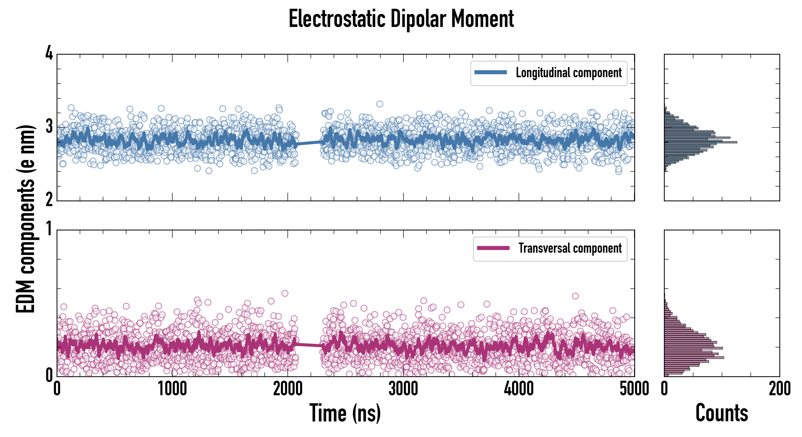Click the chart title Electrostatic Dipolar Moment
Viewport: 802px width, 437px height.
[401, 19]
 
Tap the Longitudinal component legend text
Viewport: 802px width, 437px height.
[568, 73]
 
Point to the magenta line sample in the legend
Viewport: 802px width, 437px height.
[493, 248]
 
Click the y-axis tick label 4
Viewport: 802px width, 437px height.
[49, 53]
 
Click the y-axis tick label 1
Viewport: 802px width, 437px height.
[49, 229]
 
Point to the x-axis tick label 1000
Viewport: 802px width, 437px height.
[172, 389]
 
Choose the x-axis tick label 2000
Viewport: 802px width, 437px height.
[288, 389]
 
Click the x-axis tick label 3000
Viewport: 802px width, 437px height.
[403, 389]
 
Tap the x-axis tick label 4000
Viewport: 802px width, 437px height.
[519, 389]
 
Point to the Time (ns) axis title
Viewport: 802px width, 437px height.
[345, 413]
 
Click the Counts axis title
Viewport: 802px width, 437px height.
[722, 413]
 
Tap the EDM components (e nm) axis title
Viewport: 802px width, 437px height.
[26, 219]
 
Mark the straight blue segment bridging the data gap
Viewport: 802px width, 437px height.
[310, 143]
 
